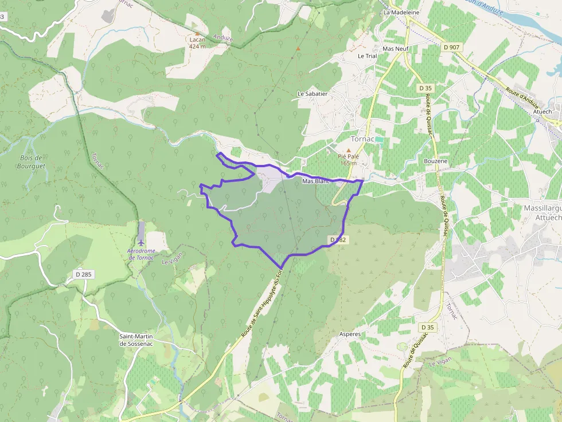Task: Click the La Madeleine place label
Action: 401,12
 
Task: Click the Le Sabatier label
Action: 312,93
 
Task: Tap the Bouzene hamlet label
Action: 435,161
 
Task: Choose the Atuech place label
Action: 542,112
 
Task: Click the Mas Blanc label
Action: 316,182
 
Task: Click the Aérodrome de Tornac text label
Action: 140,255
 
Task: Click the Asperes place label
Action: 350,334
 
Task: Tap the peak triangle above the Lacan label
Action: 197,33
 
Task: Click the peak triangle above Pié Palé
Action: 348,150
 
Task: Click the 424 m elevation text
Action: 197,46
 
